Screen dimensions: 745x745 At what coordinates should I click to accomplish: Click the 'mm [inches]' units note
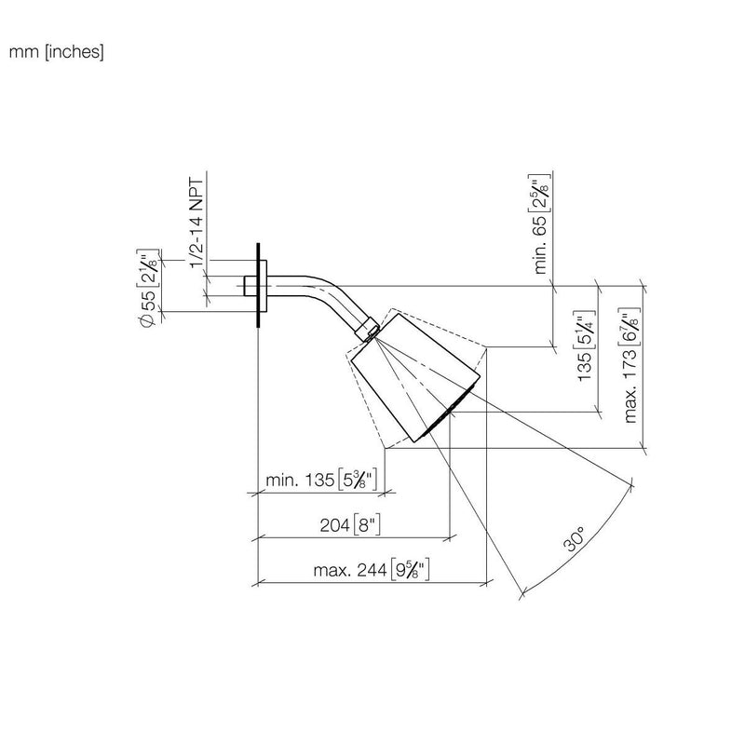click(56, 52)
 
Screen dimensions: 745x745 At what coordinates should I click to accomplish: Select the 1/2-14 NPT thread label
click(196, 223)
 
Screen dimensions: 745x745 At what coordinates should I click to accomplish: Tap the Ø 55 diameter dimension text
click(148, 288)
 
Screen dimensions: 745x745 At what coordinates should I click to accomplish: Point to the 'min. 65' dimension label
click(540, 223)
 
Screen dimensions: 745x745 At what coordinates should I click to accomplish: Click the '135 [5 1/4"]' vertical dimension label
click(585, 345)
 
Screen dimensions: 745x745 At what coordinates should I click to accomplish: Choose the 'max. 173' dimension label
click(630, 365)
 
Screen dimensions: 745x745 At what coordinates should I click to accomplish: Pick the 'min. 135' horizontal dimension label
click(321, 480)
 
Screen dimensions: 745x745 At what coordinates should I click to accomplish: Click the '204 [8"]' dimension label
click(350, 524)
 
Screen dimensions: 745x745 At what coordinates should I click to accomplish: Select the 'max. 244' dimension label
click(372, 569)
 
